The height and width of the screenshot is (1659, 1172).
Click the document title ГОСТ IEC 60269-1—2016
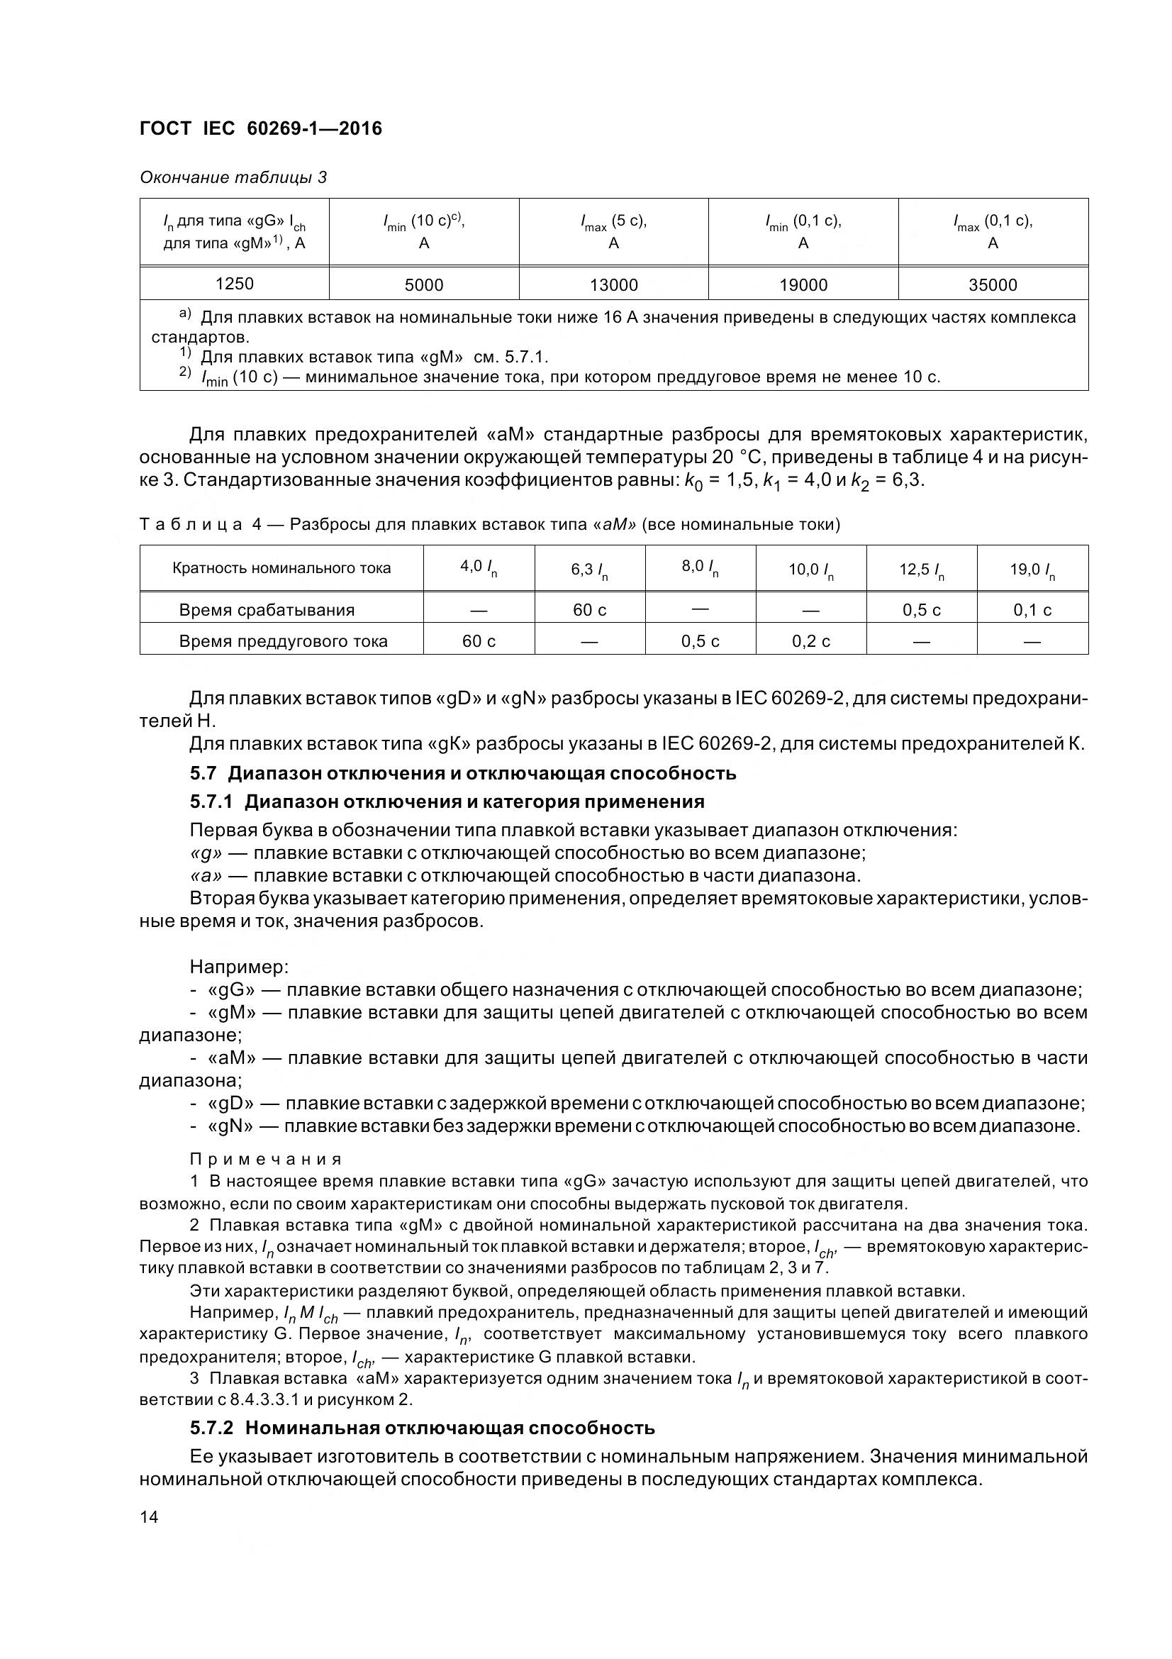tap(261, 128)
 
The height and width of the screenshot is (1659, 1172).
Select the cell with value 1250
tap(235, 284)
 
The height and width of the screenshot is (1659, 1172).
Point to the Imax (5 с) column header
tap(614, 231)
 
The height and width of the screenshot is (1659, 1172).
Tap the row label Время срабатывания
tap(267, 610)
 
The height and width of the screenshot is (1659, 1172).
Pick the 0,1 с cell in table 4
tap(1032, 610)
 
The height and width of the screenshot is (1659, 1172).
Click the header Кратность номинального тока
tap(281, 569)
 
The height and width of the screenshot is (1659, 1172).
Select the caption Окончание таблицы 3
tap(233, 177)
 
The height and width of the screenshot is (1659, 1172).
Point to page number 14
tap(149, 1517)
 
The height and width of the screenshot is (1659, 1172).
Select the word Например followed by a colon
tap(239, 967)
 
